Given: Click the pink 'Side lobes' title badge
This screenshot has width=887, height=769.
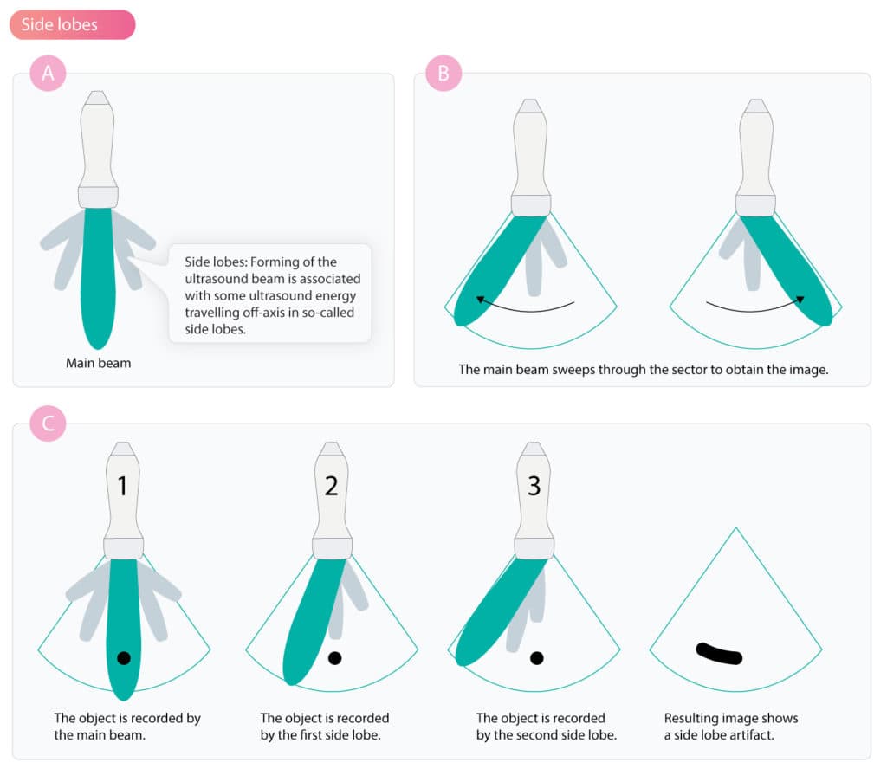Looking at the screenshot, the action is point(73,24).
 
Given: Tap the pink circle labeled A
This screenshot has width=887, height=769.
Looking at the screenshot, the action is point(49,73).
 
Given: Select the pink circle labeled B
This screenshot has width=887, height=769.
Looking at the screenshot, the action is point(443,73).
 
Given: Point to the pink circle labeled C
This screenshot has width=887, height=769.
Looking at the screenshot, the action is point(49,423).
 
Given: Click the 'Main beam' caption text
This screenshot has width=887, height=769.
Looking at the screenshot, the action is point(99,363).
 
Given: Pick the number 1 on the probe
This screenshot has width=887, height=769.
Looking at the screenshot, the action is point(122,486).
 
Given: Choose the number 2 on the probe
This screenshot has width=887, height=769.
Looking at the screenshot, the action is point(332,486).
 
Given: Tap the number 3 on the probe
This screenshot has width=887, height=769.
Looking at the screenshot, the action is point(534,486).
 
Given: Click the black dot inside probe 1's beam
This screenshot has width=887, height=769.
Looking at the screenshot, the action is point(124,657).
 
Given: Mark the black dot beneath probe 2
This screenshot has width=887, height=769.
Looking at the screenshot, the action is point(335,657).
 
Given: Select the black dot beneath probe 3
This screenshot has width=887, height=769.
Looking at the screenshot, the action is point(537,657).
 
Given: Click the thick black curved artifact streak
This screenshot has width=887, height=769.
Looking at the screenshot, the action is point(717,655).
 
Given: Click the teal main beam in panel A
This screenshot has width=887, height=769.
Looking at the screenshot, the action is point(98,277).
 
